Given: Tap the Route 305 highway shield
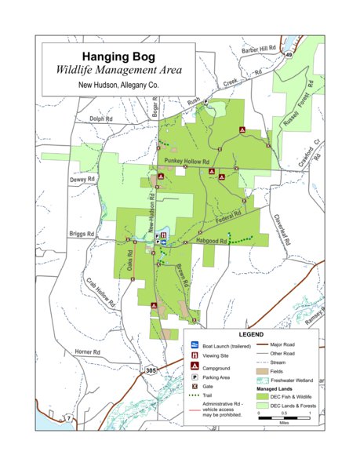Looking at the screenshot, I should tap(150, 369).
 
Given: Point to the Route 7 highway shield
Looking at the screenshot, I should tap(68, 419).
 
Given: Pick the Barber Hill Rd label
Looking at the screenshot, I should tap(260, 49).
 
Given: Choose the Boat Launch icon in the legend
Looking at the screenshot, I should tap(193, 345).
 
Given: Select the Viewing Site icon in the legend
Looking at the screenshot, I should tap(193, 355).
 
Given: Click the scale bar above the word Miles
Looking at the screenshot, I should tap(284, 413).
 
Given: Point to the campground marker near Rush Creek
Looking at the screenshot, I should tap(243, 129).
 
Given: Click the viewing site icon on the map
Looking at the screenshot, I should tap(162, 235).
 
